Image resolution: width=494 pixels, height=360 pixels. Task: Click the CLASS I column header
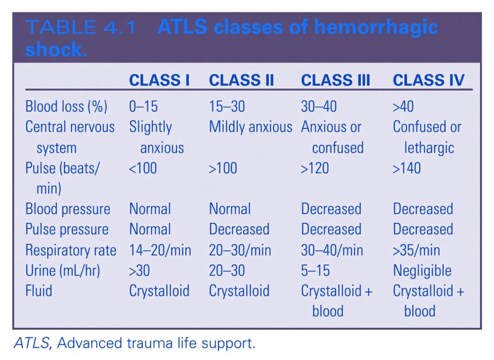click(159, 80)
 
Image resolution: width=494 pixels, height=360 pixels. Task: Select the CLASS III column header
click(335, 80)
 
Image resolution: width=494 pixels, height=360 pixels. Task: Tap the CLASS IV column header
click(428, 80)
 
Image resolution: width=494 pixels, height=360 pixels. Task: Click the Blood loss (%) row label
click(66, 107)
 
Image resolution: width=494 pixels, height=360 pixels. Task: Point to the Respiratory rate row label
click(71, 250)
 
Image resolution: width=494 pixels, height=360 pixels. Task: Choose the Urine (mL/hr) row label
click(63, 270)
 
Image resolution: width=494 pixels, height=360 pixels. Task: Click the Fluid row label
click(39, 291)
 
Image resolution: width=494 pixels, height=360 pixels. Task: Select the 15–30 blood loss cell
click(227, 107)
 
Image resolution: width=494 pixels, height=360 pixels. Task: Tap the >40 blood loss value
click(403, 107)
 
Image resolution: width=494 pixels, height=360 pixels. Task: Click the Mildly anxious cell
click(250, 127)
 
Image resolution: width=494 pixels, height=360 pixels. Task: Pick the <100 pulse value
click(143, 168)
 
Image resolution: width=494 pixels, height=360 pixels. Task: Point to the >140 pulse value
click(406, 168)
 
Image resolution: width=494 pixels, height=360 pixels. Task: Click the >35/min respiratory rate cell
click(416, 250)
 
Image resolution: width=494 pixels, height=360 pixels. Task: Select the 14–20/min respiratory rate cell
click(160, 250)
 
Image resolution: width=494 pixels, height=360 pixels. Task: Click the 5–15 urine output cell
click(316, 270)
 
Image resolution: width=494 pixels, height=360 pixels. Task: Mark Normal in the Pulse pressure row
click(150, 229)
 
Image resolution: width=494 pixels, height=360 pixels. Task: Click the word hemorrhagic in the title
click(376, 28)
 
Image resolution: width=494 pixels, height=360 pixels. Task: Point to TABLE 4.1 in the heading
click(81, 27)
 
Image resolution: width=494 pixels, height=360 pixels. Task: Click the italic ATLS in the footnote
click(32, 343)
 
